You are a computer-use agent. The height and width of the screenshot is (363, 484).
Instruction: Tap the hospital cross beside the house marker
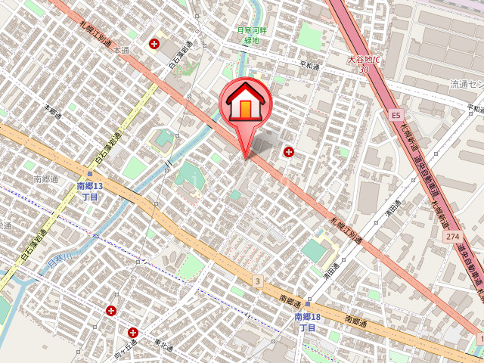click(x=288, y=152)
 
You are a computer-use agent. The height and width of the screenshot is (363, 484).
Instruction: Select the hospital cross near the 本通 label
click(x=155, y=44)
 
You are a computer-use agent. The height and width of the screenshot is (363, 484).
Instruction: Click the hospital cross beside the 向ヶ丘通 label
click(x=133, y=332)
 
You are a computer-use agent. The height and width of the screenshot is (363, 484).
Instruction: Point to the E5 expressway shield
click(x=396, y=116)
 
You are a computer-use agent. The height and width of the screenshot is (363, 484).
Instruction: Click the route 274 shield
click(x=453, y=237)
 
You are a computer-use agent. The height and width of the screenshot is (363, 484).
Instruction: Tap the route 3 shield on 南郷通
click(x=257, y=281)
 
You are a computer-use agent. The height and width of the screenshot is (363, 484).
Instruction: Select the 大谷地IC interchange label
click(x=364, y=59)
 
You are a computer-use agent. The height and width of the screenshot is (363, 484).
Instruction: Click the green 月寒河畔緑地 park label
click(x=248, y=35)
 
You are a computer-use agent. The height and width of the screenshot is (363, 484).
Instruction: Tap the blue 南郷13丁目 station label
click(x=90, y=191)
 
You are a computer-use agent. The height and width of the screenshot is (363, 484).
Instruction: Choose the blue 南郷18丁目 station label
click(x=306, y=322)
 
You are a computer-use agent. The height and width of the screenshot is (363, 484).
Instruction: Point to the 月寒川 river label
click(x=59, y=262)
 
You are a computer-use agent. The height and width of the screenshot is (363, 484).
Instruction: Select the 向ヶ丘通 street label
click(x=125, y=347)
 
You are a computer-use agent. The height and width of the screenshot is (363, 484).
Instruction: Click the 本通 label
click(x=122, y=50)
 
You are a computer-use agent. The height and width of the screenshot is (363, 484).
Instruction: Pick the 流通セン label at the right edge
click(x=466, y=83)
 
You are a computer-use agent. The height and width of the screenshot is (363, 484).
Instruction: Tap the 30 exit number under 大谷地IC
click(x=364, y=70)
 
